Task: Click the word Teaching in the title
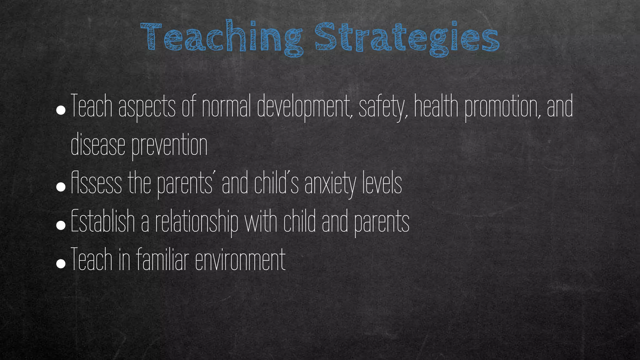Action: click(221, 37)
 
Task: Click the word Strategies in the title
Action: click(406, 37)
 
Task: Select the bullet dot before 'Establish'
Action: click(61, 225)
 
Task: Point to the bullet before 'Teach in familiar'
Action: click(61, 264)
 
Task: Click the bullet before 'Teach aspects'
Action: click(61, 110)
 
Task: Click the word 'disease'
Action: click(98, 145)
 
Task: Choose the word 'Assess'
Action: click(96, 184)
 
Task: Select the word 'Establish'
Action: click(103, 222)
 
